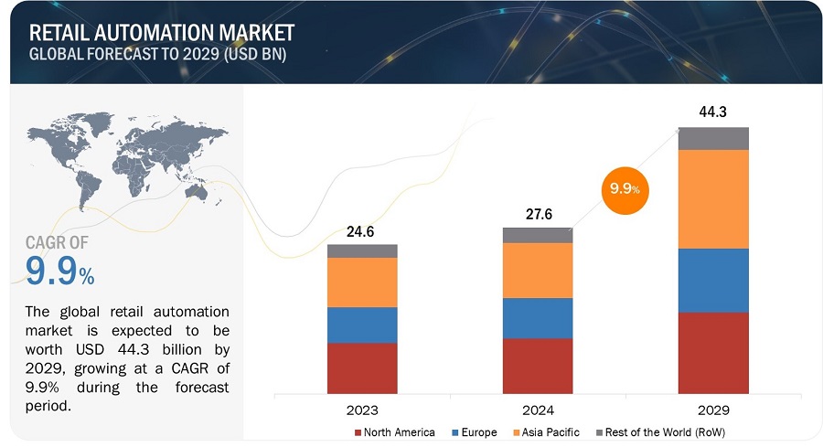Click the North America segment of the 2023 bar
[362, 367]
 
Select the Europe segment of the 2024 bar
[538, 318]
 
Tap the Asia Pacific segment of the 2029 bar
[713, 198]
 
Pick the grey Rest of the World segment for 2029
[713, 138]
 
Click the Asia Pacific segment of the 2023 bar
[362, 282]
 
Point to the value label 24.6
[362, 232]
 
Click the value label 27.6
[538, 215]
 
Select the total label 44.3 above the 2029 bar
[713, 112]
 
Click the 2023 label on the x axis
[362, 410]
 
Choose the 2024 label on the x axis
[538, 410]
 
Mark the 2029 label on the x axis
[713, 410]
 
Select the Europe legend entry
[474, 431]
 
